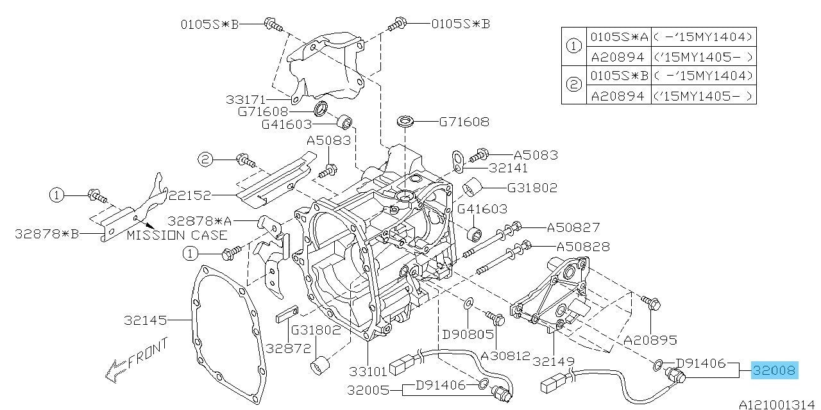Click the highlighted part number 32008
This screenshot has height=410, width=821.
(x=775, y=370)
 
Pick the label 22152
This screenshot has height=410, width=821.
(x=189, y=194)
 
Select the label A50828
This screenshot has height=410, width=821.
(x=582, y=246)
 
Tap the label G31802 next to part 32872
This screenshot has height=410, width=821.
(x=316, y=330)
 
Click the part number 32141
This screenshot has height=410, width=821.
(x=508, y=168)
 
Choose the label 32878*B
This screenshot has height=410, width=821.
(x=47, y=234)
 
